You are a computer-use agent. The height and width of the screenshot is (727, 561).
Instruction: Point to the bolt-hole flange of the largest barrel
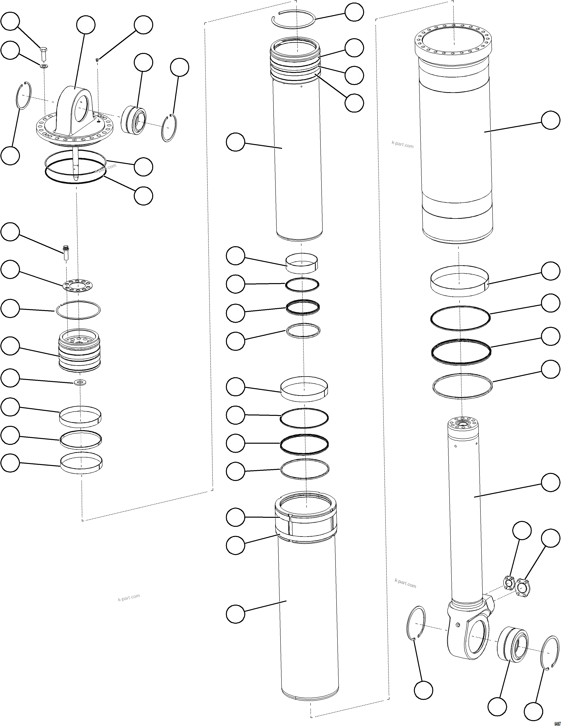[x=453, y=40]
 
